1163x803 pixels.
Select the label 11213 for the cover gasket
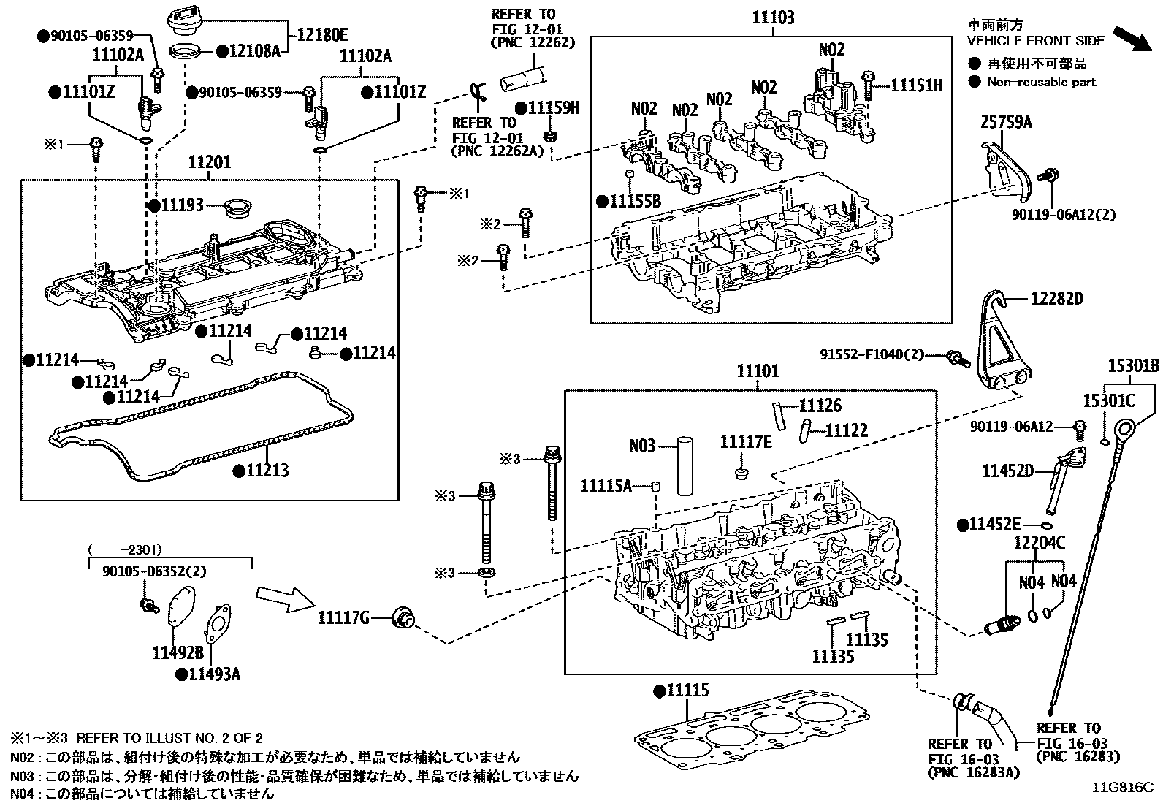(267, 471)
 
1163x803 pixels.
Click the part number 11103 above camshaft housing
(773, 18)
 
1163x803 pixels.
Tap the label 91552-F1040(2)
(871, 355)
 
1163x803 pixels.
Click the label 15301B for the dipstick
(1133, 366)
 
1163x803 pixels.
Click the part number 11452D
(1007, 471)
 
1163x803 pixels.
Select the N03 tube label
(642, 444)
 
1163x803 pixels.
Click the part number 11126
(820, 406)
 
